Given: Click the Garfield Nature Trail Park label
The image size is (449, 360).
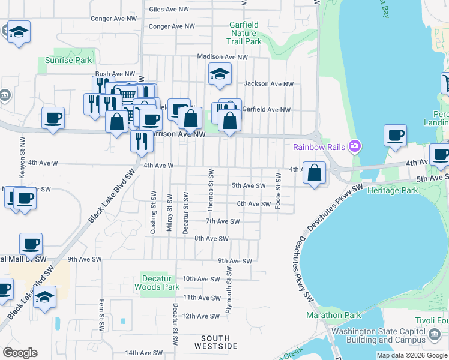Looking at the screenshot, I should [244, 34].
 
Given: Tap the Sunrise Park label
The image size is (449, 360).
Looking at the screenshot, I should [69, 60].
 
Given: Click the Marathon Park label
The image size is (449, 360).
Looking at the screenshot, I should [334, 315].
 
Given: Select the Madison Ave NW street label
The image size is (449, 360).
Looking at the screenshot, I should [222, 57].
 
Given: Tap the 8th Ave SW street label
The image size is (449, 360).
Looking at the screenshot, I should [211, 238].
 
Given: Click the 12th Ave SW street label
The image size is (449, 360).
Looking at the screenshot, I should [202, 316].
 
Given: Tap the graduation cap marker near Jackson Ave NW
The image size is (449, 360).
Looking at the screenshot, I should [220, 74].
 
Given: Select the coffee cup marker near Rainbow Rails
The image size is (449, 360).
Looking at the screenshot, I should [395, 136].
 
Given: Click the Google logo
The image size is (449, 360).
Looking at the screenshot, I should [20, 353].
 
